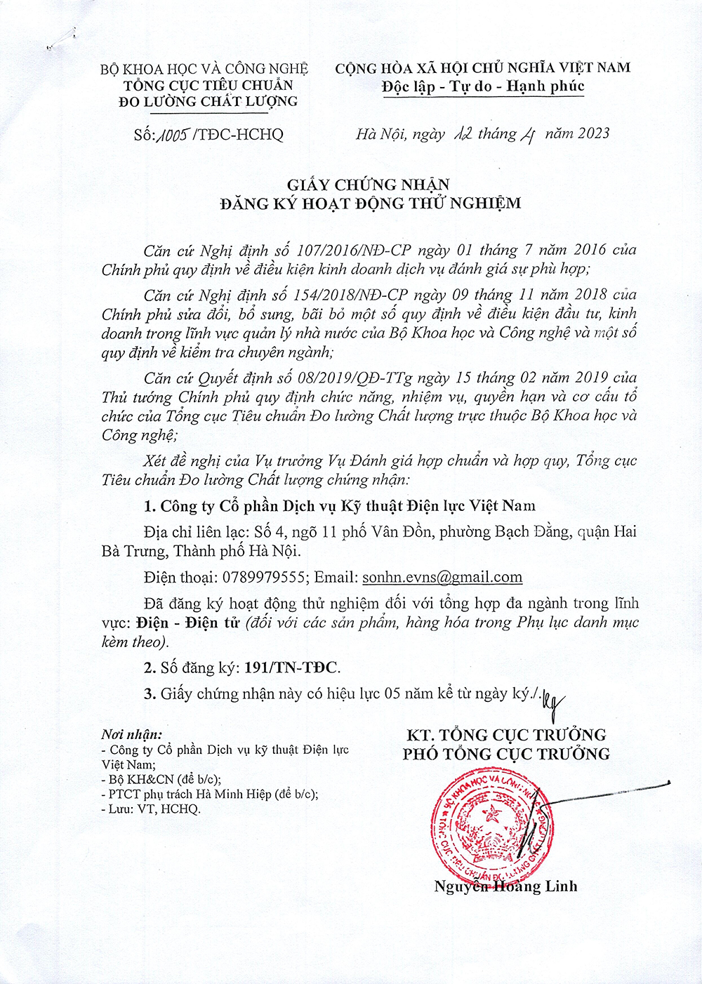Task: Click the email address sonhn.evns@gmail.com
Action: point(442,578)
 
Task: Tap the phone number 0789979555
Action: point(264,578)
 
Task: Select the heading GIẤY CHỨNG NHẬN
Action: point(369,185)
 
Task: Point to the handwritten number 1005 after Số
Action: point(175,134)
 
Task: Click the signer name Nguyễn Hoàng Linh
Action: point(505,886)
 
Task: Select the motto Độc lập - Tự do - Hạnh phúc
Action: point(483,87)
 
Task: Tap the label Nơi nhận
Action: point(131,735)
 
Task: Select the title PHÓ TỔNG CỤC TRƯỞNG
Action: point(506,754)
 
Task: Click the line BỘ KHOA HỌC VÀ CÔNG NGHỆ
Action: point(204,69)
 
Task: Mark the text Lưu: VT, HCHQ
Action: point(154,809)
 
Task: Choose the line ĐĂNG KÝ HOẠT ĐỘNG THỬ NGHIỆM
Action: point(370,204)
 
